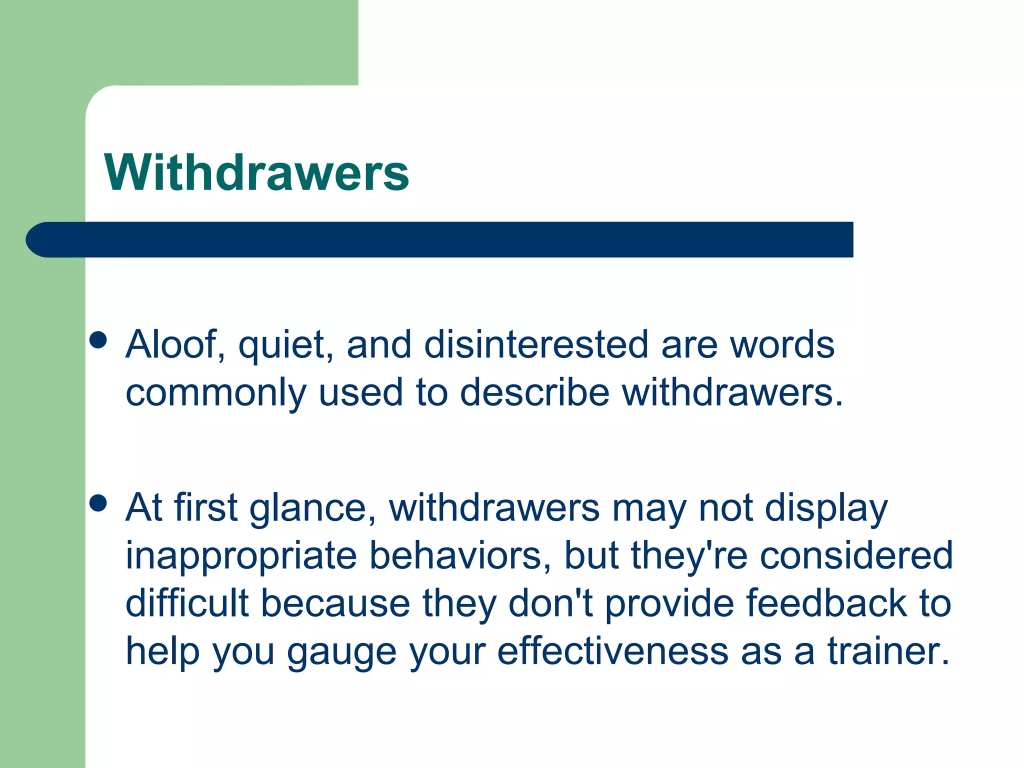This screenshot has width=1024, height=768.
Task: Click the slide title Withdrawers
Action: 256,172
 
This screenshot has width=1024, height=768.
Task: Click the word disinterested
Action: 536,344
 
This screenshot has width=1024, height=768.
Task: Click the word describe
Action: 534,392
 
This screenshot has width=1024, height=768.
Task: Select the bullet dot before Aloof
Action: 98,340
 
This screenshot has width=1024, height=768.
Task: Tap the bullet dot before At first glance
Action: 98,503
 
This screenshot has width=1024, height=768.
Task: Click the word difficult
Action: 187,603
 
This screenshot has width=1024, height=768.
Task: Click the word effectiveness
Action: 612,651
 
